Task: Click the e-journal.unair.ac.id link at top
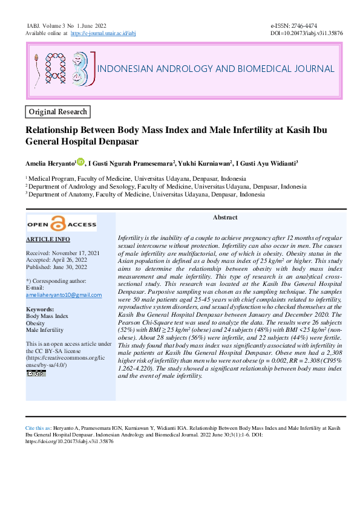[x=103, y=34]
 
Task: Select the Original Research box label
[x=59, y=112]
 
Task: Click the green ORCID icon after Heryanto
[x=81, y=161]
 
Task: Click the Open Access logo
[x=62, y=224]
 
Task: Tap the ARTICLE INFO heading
[x=48, y=240]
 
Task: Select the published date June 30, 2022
[x=78, y=267]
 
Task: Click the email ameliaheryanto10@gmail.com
[x=64, y=295]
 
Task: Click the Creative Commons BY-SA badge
[x=36, y=373]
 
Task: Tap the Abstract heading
[x=224, y=217]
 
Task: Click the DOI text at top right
[x=306, y=34]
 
